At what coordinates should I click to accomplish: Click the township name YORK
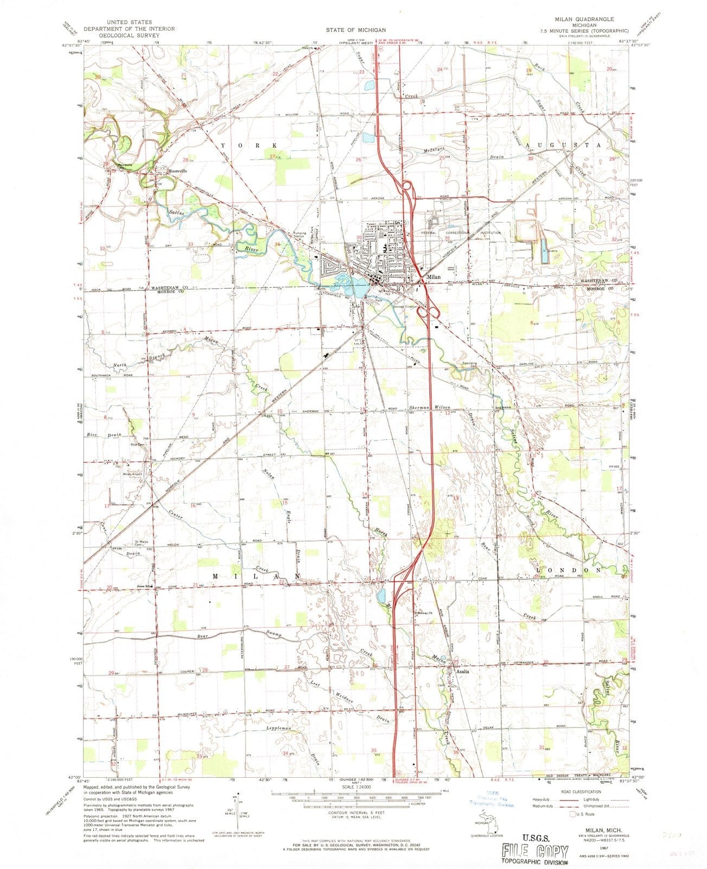tap(249, 146)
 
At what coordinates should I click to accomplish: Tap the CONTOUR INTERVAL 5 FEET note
tap(353, 813)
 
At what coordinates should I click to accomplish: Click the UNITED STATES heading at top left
tap(129, 22)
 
